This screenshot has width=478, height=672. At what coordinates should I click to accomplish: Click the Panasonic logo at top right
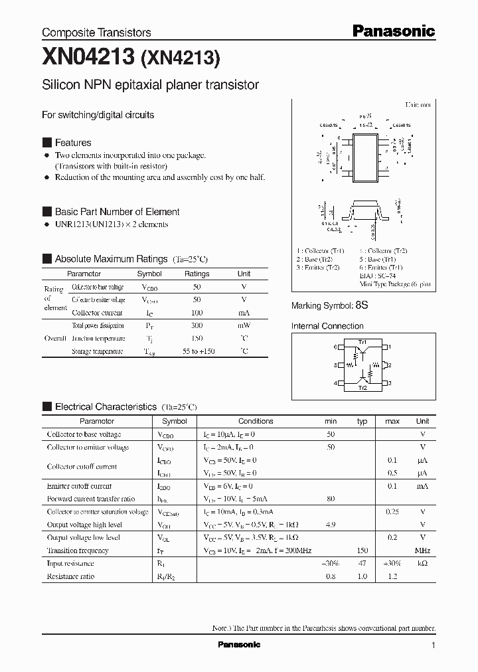pyautogui.click(x=392, y=31)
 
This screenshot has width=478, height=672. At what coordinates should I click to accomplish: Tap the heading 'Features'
pyautogui.click(x=73, y=143)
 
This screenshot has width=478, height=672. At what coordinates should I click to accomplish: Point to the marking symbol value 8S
pyautogui.click(x=362, y=305)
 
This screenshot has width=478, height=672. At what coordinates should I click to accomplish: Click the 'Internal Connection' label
pyautogui.click(x=327, y=326)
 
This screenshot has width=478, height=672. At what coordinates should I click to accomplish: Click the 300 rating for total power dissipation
pyautogui.click(x=197, y=326)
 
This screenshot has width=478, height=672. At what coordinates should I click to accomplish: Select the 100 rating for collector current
pyautogui.click(x=197, y=313)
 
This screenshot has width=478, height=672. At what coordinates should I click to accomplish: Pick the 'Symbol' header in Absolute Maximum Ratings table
pyautogui.click(x=149, y=274)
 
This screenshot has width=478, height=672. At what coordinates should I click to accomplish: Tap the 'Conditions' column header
pyautogui.click(x=256, y=421)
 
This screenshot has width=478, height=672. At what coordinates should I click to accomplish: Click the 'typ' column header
pyautogui.click(x=362, y=421)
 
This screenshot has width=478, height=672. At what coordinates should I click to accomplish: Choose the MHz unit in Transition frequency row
pyautogui.click(x=422, y=550)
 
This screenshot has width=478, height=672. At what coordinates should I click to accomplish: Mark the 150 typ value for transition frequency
pyautogui.click(x=362, y=550)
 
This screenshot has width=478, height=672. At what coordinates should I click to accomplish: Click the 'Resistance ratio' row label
pyautogui.click(x=70, y=576)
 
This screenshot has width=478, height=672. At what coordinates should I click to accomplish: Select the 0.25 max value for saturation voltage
pyautogui.click(x=392, y=512)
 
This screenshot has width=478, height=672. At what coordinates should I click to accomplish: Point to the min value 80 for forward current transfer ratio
pyautogui.click(x=331, y=499)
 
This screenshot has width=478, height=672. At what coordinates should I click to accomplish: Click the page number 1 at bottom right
pyautogui.click(x=433, y=645)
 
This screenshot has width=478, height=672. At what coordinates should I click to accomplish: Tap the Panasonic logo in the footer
pyautogui.click(x=239, y=645)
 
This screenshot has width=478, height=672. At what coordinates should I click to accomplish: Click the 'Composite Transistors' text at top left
pyautogui.click(x=96, y=32)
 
